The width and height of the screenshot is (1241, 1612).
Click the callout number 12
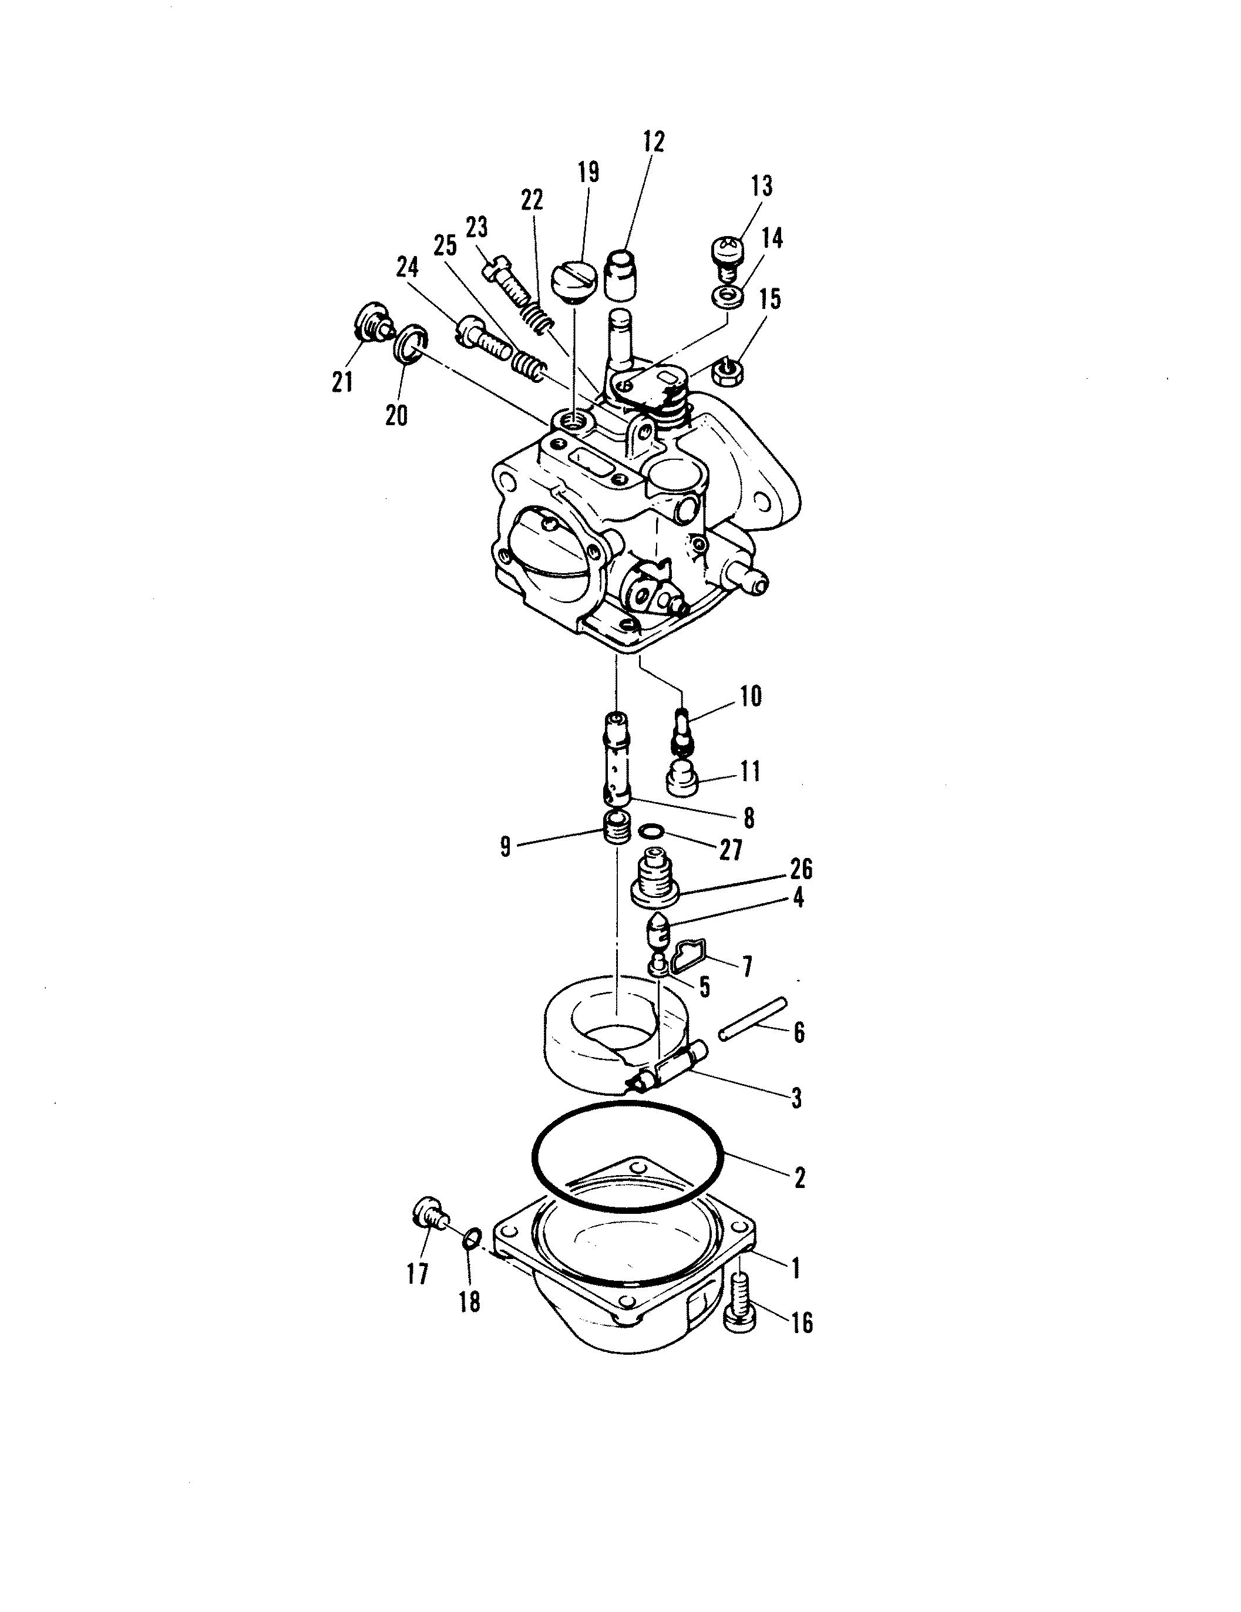tap(653, 142)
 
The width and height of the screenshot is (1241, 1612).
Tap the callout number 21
tap(341, 382)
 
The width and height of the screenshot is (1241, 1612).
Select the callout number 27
tap(730, 850)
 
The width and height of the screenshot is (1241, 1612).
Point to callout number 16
tap(802, 1322)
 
